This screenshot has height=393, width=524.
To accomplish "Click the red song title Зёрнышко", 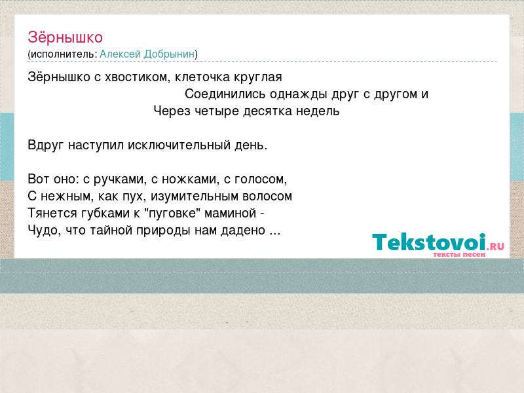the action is point(65,37).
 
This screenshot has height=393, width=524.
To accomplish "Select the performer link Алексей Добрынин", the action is point(147,54).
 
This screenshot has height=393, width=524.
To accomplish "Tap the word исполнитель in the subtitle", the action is point(63,54).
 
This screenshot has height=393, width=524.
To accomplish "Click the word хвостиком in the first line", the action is point(134,77).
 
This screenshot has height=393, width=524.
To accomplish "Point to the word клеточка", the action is point(202,77).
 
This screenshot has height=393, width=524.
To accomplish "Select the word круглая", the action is point(257,77).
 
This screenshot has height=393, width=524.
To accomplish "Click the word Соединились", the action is point(225,94).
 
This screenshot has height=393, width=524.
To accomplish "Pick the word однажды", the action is point(299,94).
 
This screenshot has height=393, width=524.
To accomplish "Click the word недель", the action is point(318,111).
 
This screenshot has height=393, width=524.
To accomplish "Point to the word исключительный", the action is point(179,145).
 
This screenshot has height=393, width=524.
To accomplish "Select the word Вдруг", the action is point(45,145).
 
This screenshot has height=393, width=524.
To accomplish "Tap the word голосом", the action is point(261,179).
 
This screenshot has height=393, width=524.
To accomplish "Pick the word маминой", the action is point(231,214).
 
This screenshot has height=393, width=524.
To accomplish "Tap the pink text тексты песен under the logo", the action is point(459,254).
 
